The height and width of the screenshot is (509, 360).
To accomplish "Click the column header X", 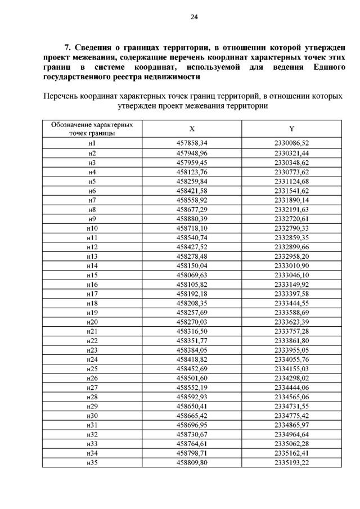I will [x=192, y=129].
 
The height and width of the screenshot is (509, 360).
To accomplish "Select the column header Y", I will [x=291, y=129].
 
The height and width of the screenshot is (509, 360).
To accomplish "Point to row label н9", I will [x=92, y=218].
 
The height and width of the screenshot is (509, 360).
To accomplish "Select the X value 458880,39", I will [x=192, y=218].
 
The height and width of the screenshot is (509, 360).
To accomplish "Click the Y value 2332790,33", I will [x=291, y=228].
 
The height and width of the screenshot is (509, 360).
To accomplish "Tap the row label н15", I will [x=92, y=275].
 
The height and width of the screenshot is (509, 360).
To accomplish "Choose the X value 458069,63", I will [x=192, y=275].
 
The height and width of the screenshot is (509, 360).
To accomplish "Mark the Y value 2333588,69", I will [x=291, y=313].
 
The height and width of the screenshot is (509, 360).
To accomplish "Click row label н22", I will [x=92, y=341].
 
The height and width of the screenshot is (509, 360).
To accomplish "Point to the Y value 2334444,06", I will [x=291, y=388].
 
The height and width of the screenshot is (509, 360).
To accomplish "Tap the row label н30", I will [x=92, y=416].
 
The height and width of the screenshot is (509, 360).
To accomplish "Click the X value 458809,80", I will [x=192, y=463].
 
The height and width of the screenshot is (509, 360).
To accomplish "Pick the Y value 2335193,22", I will [x=291, y=463].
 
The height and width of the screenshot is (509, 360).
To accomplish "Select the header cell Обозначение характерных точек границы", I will [x=92, y=129].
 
